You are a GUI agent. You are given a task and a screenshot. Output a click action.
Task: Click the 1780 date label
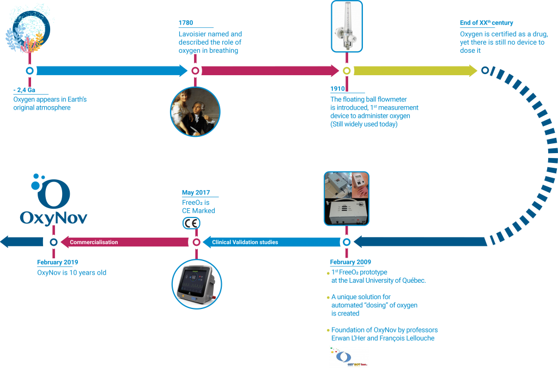coord(186,23)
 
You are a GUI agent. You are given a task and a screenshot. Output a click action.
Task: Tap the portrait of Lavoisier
coord(195,112)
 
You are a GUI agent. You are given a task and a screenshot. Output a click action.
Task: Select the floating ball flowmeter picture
coord(347,26)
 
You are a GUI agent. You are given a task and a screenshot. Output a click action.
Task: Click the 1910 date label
coord(337,89)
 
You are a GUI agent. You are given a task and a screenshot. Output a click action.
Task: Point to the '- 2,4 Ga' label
coord(24,90)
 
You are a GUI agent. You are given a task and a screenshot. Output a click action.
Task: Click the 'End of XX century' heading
coord(486,23)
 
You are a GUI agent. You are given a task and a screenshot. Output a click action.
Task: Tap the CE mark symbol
coord(191,223)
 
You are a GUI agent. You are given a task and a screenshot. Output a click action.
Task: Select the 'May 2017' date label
coord(196,192)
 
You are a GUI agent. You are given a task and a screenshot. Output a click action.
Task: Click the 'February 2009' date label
coord(350,262)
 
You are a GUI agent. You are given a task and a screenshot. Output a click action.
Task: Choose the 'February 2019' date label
coord(57,262)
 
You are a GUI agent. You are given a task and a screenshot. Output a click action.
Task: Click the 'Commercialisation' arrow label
coord(94,242)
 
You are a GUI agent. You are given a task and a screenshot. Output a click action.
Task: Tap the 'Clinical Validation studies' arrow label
coord(245,242)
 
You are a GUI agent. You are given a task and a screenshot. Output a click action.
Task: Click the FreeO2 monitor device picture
coord(197,284)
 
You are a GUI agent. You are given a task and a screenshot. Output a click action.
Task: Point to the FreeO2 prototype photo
coord(346,198)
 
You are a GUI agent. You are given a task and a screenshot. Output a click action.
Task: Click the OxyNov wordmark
coord(53,218)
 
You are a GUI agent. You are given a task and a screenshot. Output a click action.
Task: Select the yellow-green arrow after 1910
coord(415,70)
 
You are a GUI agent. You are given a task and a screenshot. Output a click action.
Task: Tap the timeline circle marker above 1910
coord(347,71)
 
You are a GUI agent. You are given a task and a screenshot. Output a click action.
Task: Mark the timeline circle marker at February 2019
coord(53,242)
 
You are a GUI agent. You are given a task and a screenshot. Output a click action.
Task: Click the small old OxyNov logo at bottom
coord(348,357)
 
